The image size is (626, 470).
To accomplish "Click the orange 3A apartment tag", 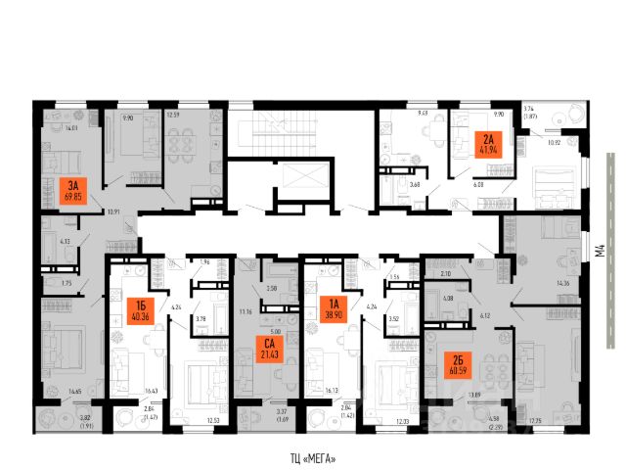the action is [x=68, y=188].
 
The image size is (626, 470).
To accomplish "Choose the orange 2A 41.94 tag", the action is [x=486, y=143].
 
